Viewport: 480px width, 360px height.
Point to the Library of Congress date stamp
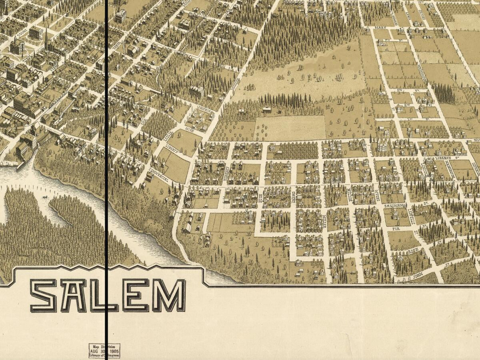pyautogui.click(x=104, y=351)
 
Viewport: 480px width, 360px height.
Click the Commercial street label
pyautogui.click(x=158, y=175)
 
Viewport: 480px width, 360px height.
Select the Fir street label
pyautogui.click(x=396, y=229)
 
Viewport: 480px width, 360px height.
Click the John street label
pyautogui.click(x=418, y=275)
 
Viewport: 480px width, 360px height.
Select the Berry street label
pyautogui.click(x=380, y=27)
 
